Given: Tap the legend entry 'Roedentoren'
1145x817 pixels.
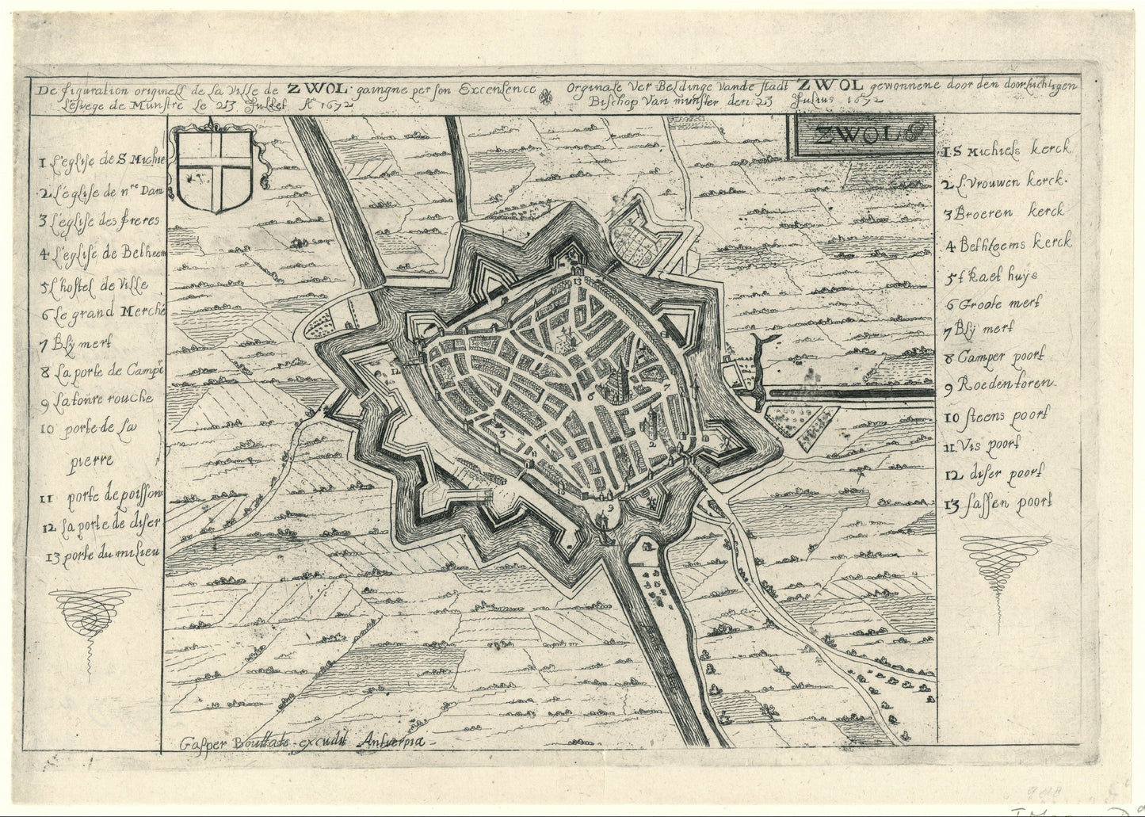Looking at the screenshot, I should coord(998,384).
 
